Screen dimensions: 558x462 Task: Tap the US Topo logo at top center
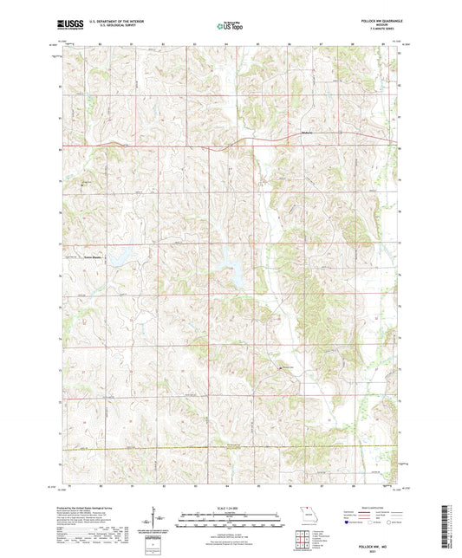pyautogui.click(x=231, y=27)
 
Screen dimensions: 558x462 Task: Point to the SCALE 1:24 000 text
pyautogui.click(x=231, y=508)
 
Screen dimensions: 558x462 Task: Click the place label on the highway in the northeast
pyautogui.click(x=305, y=133)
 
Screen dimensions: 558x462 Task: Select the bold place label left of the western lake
pyautogui.click(x=91, y=256)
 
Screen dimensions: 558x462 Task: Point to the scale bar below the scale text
pyautogui.click(x=231, y=520)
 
